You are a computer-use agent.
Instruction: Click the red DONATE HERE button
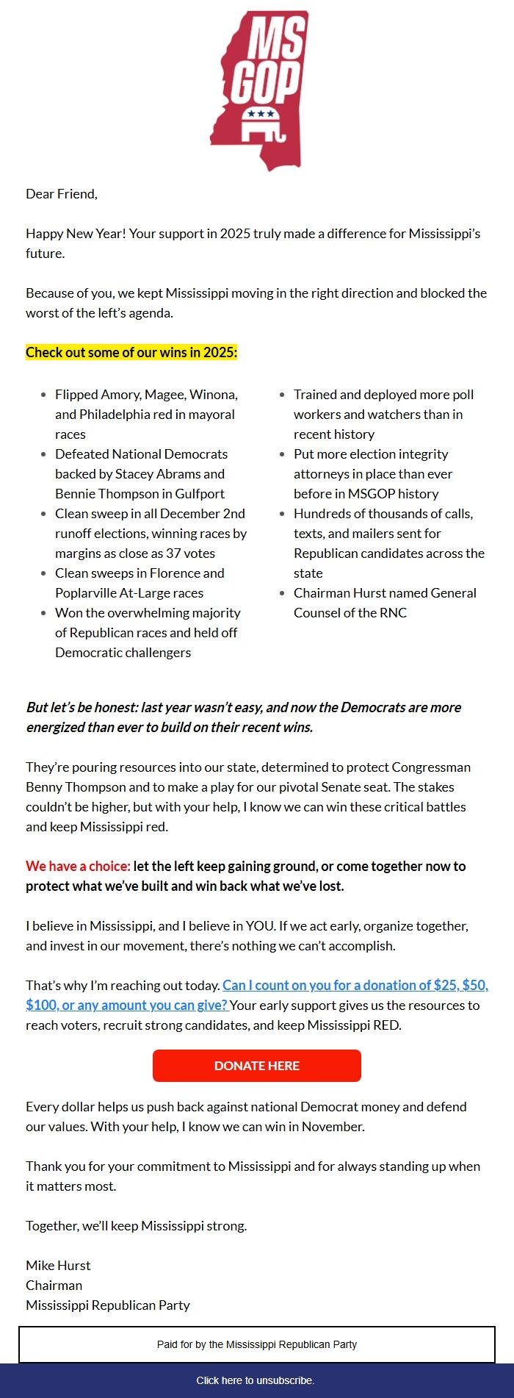(x=256, y=1066)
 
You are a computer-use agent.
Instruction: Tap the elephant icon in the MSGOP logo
(x=262, y=127)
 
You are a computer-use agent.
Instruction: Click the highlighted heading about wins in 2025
(x=131, y=352)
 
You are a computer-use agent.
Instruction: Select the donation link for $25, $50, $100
(x=355, y=985)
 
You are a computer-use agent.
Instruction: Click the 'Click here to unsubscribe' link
(x=256, y=1380)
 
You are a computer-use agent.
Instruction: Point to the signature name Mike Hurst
(x=58, y=1265)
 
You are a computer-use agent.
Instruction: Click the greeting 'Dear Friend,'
(x=62, y=194)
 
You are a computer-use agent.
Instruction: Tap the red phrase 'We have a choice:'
(x=78, y=866)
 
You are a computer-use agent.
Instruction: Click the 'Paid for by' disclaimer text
(x=257, y=1344)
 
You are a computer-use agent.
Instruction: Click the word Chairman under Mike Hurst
(x=54, y=1285)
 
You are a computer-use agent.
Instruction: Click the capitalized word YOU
(x=257, y=926)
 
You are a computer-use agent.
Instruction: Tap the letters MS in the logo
(x=276, y=40)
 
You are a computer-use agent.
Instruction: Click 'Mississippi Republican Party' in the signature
(x=108, y=1305)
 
